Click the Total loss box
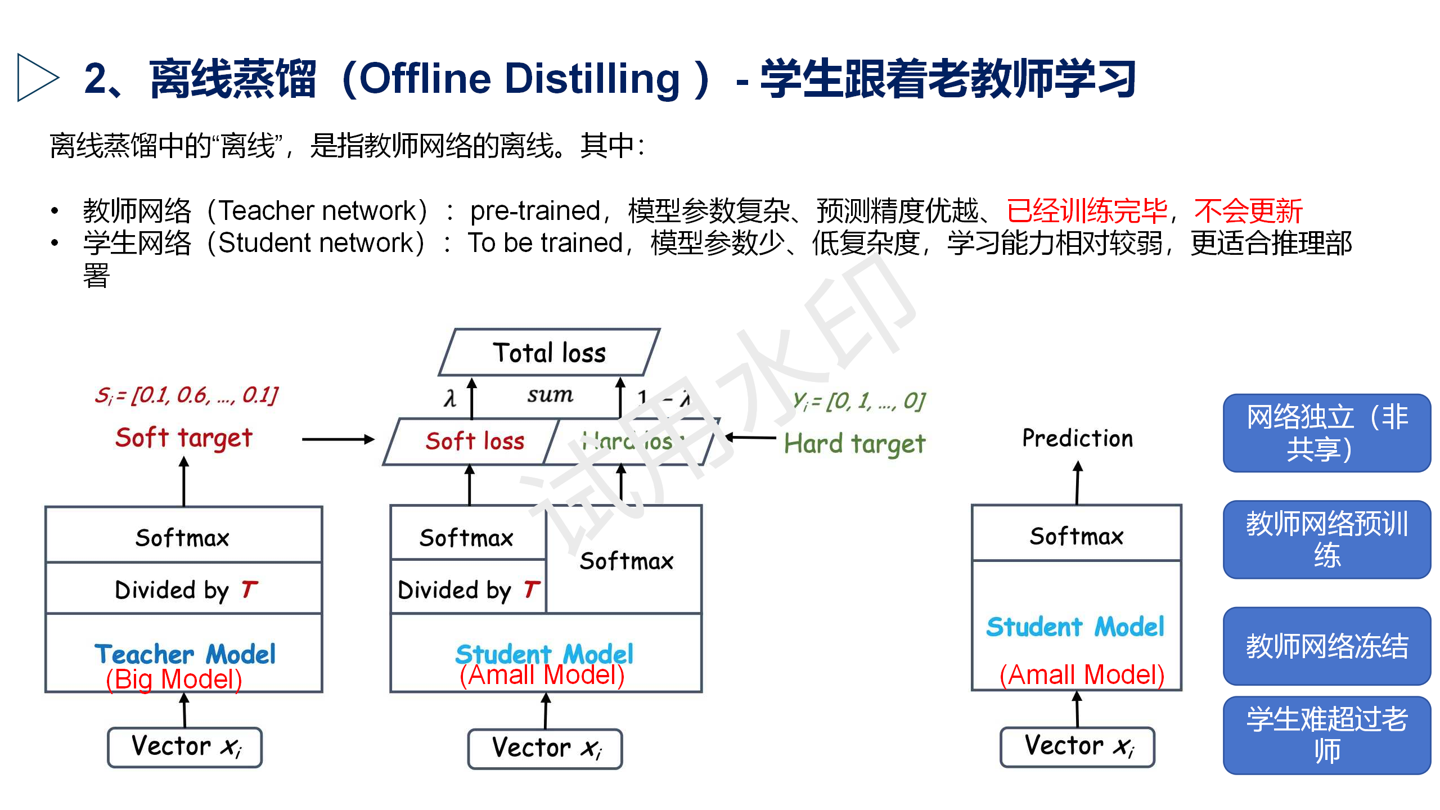tap(549, 353)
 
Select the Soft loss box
tap(474, 442)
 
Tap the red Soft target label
tap(183, 438)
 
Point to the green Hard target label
tap(854, 444)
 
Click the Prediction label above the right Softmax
tap(1077, 438)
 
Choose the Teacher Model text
tap(184, 654)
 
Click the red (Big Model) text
tap(174, 679)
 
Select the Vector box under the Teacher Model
tap(184, 747)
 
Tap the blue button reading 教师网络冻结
tap(1326, 646)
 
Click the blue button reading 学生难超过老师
tap(1326, 735)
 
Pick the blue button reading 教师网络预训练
tap(1326, 539)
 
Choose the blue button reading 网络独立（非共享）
tap(1326, 433)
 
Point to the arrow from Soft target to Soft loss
tap(337, 439)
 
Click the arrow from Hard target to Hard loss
tap(750, 437)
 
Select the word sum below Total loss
tap(550, 395)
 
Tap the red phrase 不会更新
tap(1248, 211)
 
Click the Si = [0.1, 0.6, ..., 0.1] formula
tap(186, 395)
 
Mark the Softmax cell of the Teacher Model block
tap(183, 537)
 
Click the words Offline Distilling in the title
tap(519, 79)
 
